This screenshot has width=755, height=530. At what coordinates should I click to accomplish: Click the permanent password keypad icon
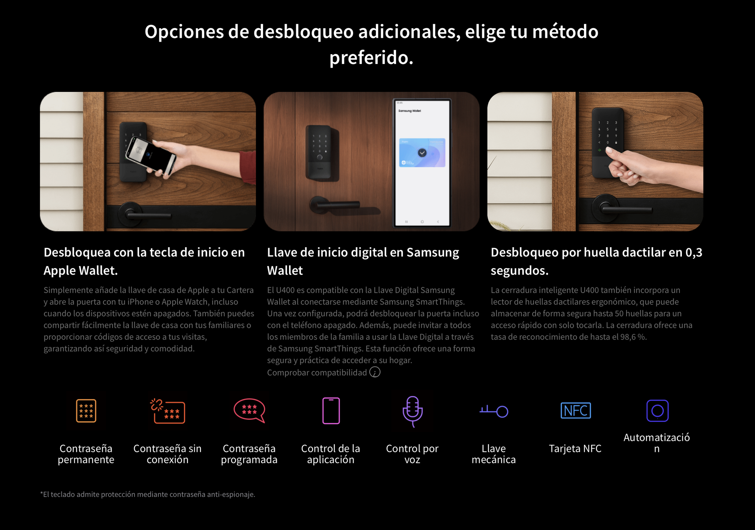point(86,411)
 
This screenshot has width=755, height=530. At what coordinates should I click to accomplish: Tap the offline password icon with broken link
point(168,411)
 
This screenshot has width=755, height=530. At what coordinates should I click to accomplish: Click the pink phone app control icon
point(331,411)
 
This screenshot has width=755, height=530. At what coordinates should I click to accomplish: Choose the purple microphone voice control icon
point(412,411)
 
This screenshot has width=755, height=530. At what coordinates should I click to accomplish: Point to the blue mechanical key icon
point(494,411)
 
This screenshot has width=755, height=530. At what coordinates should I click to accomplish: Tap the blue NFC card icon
point(576,411)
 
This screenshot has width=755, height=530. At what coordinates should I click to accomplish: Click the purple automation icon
point(657,411)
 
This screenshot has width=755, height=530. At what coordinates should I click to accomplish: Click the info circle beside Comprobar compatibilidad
point(375,372)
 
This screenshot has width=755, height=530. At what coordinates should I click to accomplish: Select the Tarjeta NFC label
point(575,449)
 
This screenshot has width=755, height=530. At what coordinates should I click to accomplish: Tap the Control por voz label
point(412,454)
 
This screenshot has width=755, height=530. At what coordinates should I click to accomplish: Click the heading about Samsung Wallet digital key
point(363,261)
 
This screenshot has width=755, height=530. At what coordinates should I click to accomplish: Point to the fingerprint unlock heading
point(597,261)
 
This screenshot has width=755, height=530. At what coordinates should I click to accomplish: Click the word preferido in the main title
point(371,58)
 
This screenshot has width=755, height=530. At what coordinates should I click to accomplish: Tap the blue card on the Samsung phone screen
point(422,153)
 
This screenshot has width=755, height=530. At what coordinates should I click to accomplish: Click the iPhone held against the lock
point(151,156)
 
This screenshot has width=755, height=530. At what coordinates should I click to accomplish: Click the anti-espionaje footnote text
point(148,494)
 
